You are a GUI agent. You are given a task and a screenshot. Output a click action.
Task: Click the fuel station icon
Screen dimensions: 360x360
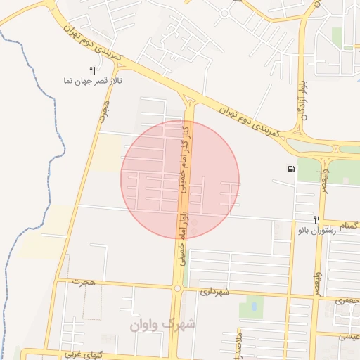pyautogui.click(x=291, y=169)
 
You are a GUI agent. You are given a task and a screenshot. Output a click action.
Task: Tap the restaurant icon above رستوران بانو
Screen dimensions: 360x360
pyautogui.click(x=316, y=219)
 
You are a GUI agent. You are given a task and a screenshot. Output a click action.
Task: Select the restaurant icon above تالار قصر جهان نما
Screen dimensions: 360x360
pyautogui.click(x=92, y=70)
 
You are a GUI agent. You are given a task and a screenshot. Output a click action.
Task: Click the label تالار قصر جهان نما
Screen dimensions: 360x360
pyautogui.click(x=93, y=82)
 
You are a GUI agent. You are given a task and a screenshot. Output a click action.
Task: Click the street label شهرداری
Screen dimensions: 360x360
pyautogui.click(x=214, y=291)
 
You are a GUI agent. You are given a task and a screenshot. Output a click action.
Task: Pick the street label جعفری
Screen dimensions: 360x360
pyautogui.click(x=347, y=300)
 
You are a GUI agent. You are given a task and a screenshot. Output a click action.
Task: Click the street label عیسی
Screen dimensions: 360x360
pyautogui.click(x=349, y=336)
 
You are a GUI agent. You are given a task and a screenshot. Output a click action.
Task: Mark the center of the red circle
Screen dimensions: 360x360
pyautogui.click(x=180, y=179)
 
